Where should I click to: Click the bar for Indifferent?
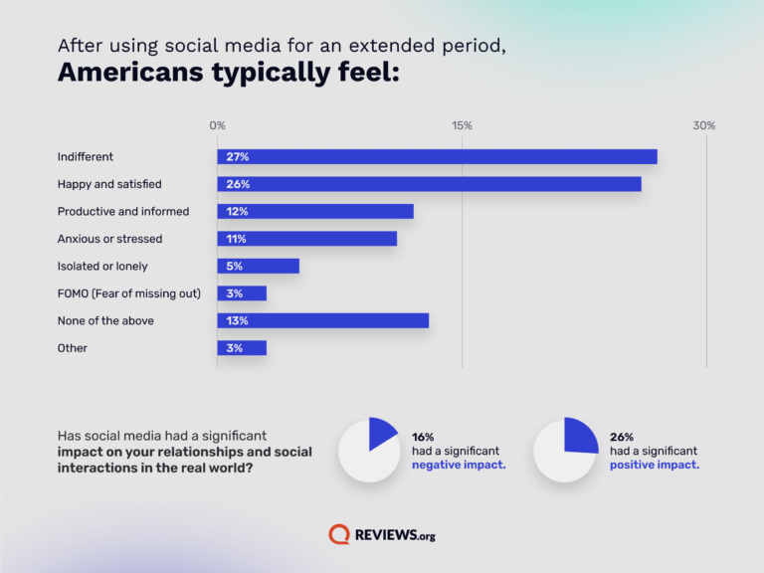tap(437, 157)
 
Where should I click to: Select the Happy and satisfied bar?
tap(429, 184)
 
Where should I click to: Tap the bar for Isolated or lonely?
tap(258, 267)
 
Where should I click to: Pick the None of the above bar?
tap(322, 320)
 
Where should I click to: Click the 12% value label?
tap(237, 212)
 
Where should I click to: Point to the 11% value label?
tap(236, 239)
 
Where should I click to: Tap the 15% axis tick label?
tap(462, 125)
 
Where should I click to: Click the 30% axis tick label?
tap(704, 125)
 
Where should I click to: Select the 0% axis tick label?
tap(217, 125)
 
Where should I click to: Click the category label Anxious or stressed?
tap(109, 239)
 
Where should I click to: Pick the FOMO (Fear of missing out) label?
tap(129, 293)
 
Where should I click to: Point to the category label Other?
tap(73, 348)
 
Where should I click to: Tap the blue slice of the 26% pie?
tap(579, 435)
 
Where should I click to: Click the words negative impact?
tap(459, 466)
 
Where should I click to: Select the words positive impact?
tap(654, 466)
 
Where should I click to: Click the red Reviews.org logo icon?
tap(339, 534)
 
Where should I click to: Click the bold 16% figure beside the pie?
tap(423, 437)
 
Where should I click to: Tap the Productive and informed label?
tap(123, 212)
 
